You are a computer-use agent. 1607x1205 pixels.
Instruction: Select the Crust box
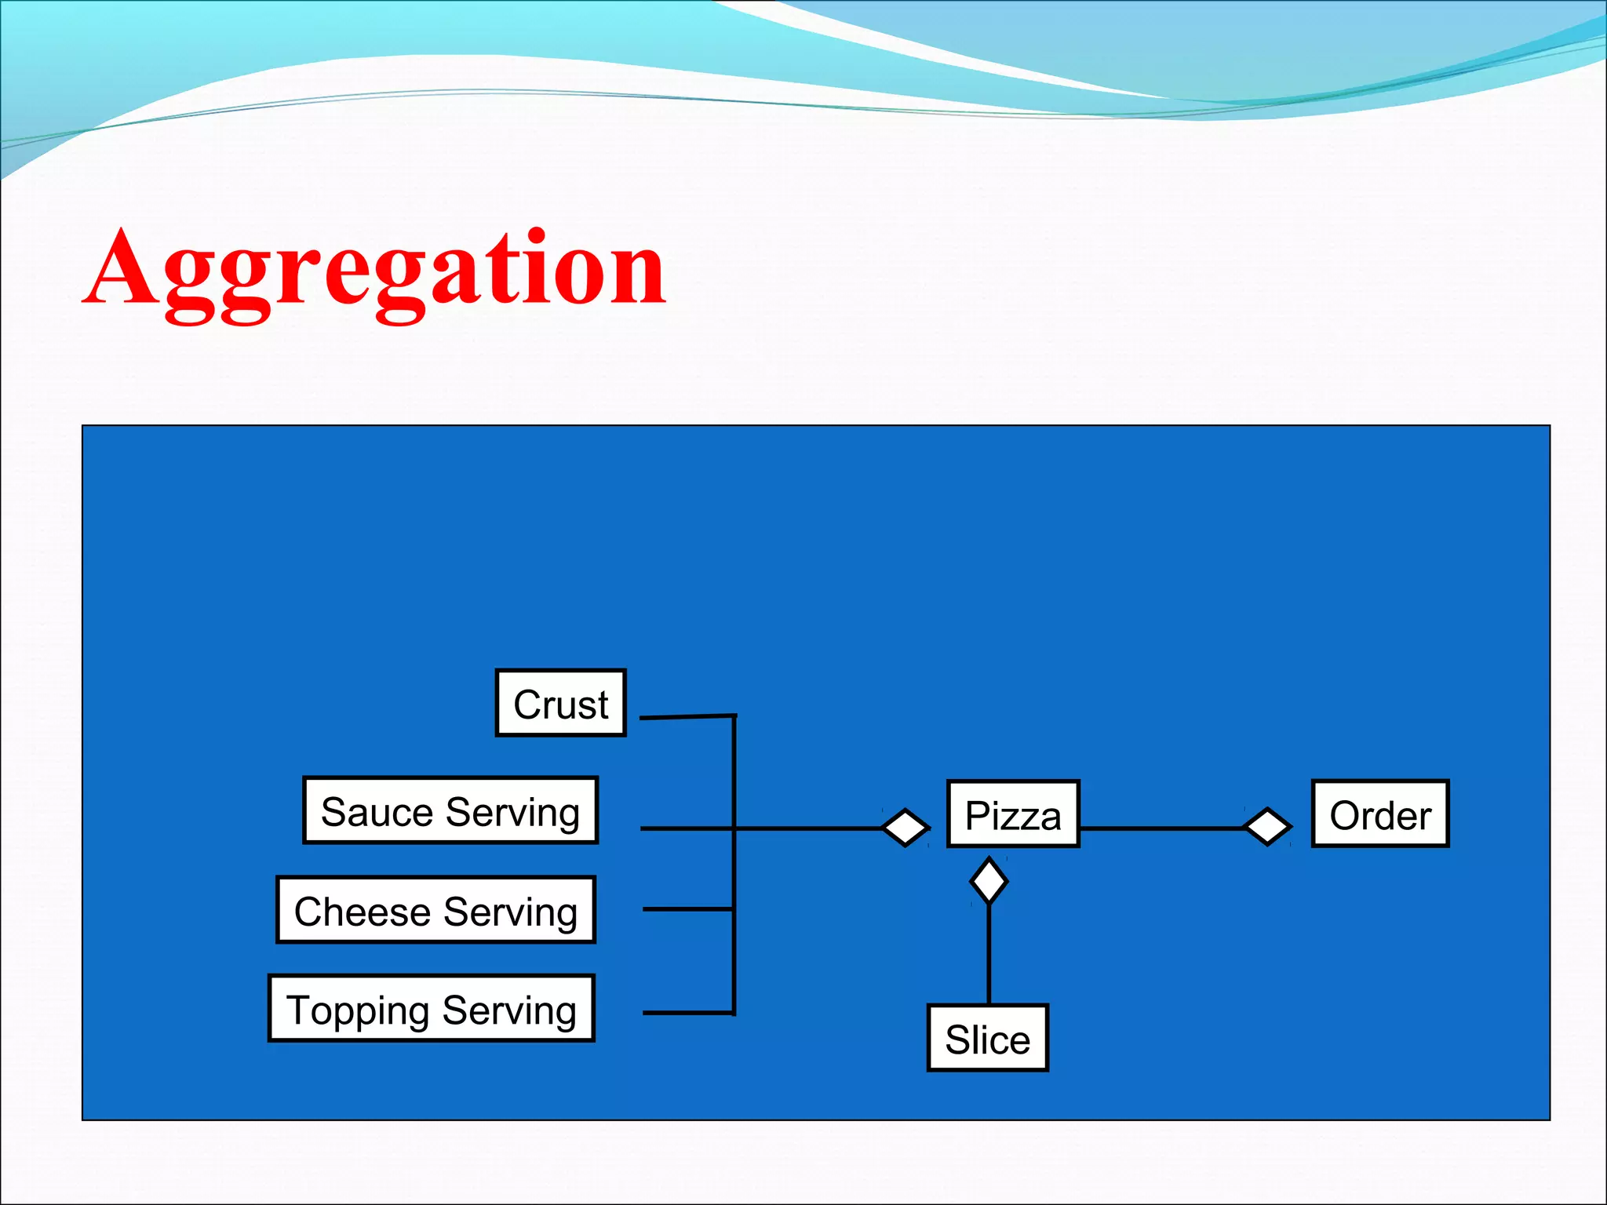click(560, 703)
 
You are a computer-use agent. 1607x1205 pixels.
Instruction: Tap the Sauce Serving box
click(450, 811)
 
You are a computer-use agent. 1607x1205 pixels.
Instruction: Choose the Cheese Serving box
click(435, 910)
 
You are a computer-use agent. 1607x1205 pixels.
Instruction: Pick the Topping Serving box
click(431, 1009)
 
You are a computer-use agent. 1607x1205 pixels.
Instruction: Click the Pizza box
click(1013, 814)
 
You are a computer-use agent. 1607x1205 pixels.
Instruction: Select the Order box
click(1379, 814)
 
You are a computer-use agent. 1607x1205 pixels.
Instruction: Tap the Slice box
click(987, 1038)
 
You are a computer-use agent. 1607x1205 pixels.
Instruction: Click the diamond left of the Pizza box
click(905, 828)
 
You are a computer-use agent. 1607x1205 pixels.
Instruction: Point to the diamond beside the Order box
click(1266, 827)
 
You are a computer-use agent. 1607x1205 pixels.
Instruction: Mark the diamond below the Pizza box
click(989, 881)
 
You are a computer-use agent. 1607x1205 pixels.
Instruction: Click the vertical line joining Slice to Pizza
click(989, 953)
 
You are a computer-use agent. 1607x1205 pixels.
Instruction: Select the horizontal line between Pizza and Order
click(1161, 828)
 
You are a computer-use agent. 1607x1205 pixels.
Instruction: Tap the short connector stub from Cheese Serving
click(687, 909)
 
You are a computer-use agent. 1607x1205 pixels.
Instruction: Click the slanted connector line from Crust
click(687, 716)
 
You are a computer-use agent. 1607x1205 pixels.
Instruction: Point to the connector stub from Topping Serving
click(687, 1013)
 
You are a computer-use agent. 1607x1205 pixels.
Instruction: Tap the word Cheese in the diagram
click(363, 912)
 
